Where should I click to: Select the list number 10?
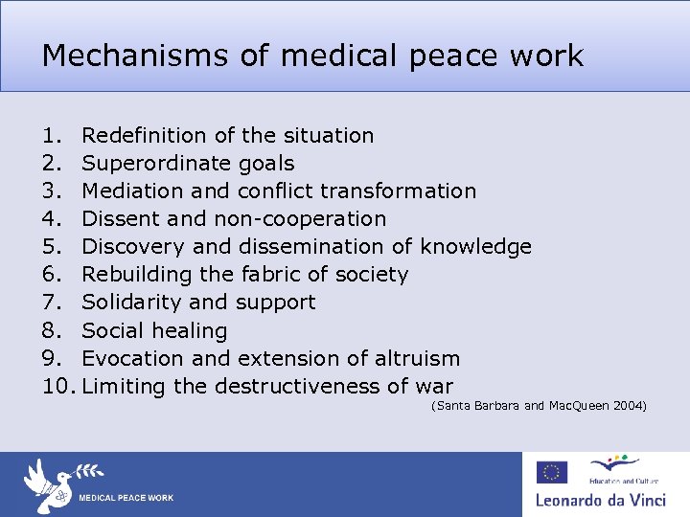56,387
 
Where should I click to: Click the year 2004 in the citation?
629,407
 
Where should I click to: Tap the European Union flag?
552,472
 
